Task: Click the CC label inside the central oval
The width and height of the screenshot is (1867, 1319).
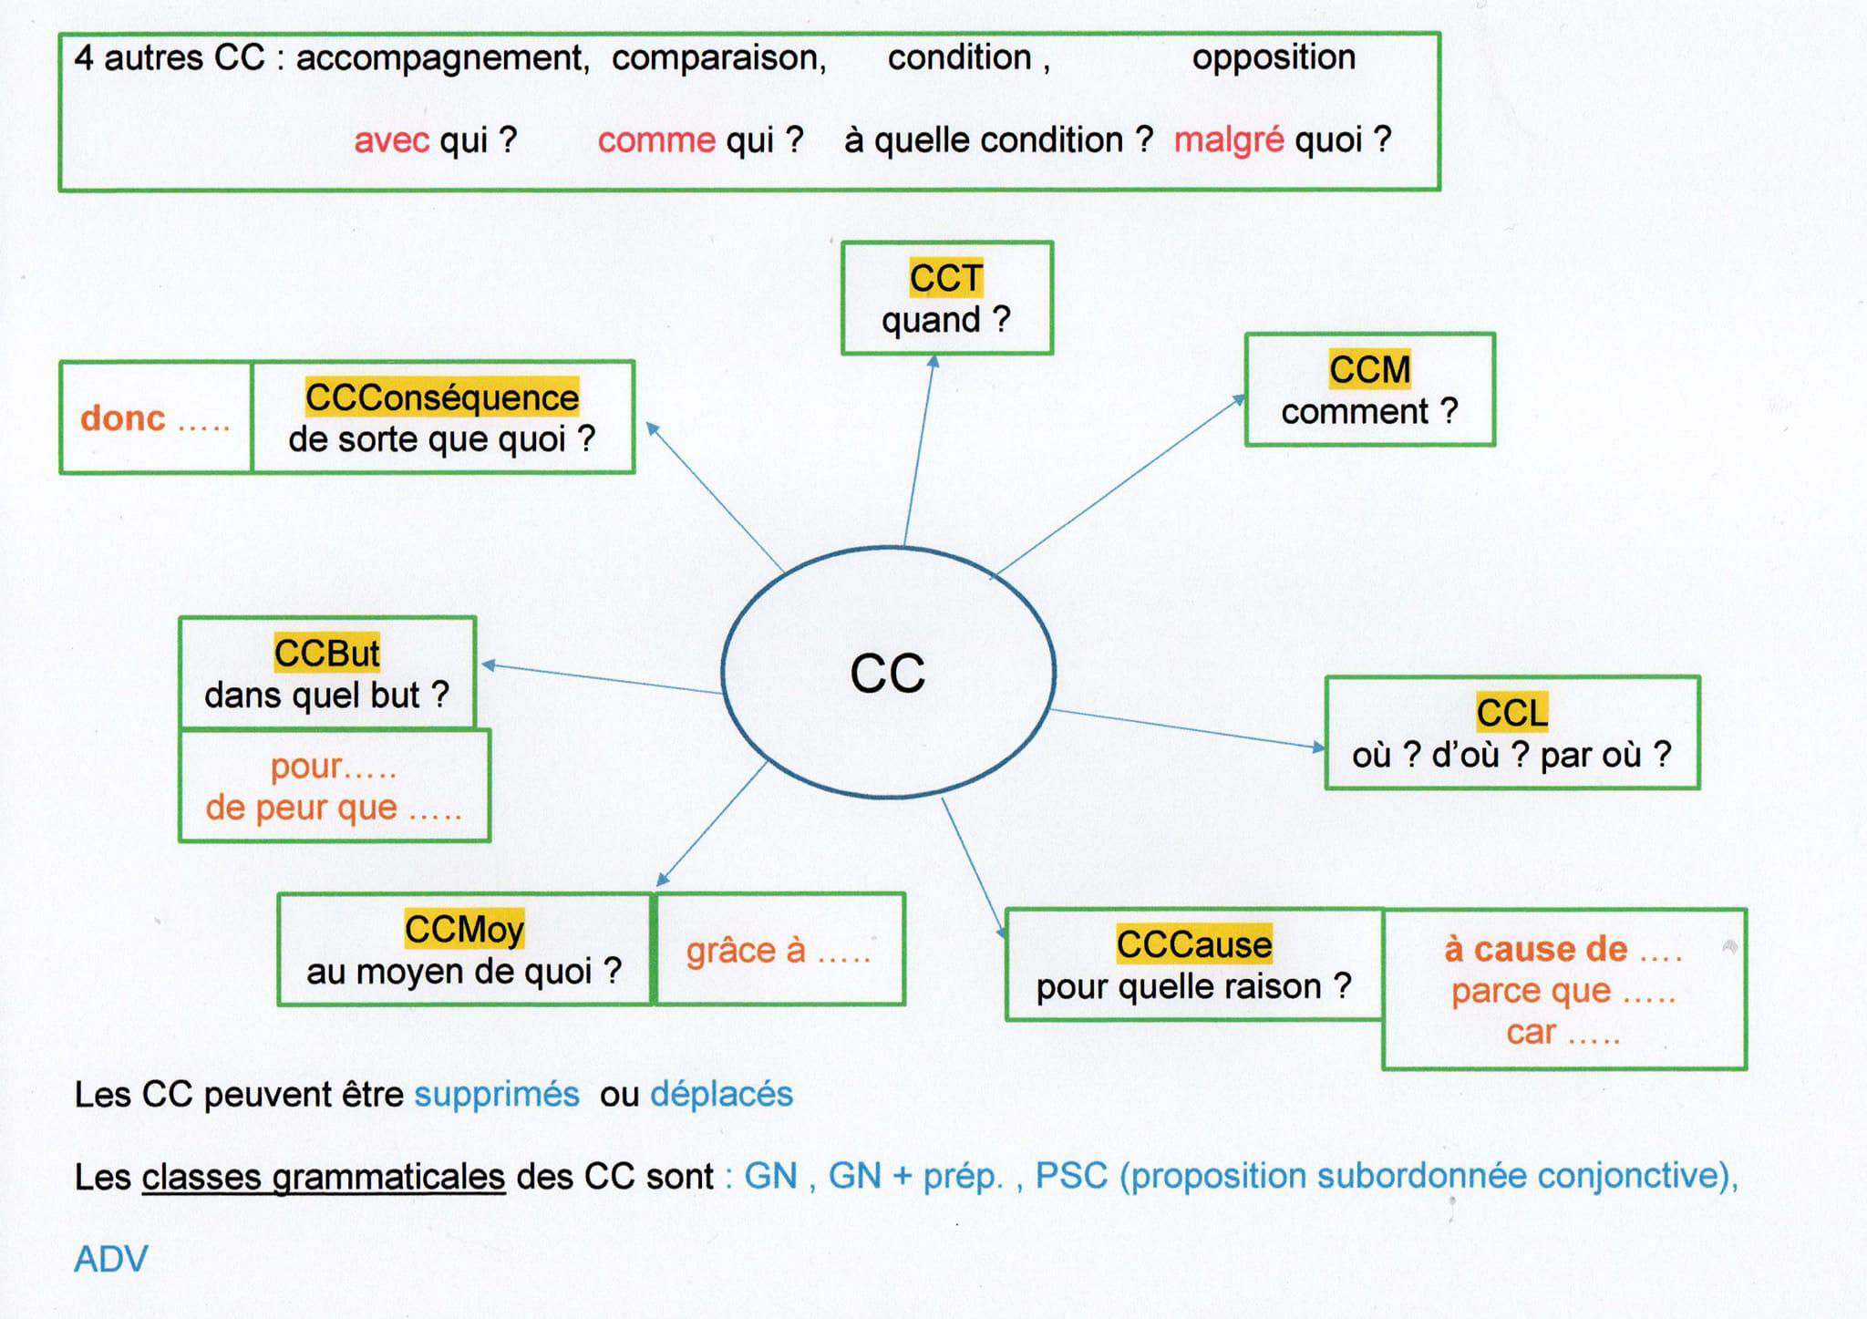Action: click(887, 674)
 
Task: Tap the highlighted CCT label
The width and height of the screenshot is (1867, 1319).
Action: click(945, 278)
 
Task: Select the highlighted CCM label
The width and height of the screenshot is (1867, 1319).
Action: click(1369, 369)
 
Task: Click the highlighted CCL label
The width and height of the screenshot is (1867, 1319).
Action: click(1511, 713)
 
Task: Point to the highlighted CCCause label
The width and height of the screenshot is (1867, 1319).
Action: click(1193, 944)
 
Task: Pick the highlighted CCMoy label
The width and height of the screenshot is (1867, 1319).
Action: click(464, 929)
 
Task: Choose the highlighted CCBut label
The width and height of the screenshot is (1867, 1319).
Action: click(326, 653)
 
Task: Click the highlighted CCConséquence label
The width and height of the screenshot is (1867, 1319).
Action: click(441, 397)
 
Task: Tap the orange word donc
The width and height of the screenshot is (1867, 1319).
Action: click(123, 418)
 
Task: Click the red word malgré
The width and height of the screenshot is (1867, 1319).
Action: click(1228, 140)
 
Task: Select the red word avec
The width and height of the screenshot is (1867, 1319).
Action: click(391, 140)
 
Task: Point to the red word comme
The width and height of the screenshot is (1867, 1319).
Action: click(656, 140)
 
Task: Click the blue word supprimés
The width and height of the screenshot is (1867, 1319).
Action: click(497, 1094)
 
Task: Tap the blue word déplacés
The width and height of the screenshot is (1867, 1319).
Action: click(721, 1094)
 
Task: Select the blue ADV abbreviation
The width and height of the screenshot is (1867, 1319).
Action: click(110, 1259)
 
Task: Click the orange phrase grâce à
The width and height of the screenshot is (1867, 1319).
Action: click(746, 951)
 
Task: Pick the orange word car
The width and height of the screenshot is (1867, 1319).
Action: click(1531, 1032)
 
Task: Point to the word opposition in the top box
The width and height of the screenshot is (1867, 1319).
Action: click(1274, 57)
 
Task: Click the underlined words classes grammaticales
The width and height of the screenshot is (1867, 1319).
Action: click(323, 1177)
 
